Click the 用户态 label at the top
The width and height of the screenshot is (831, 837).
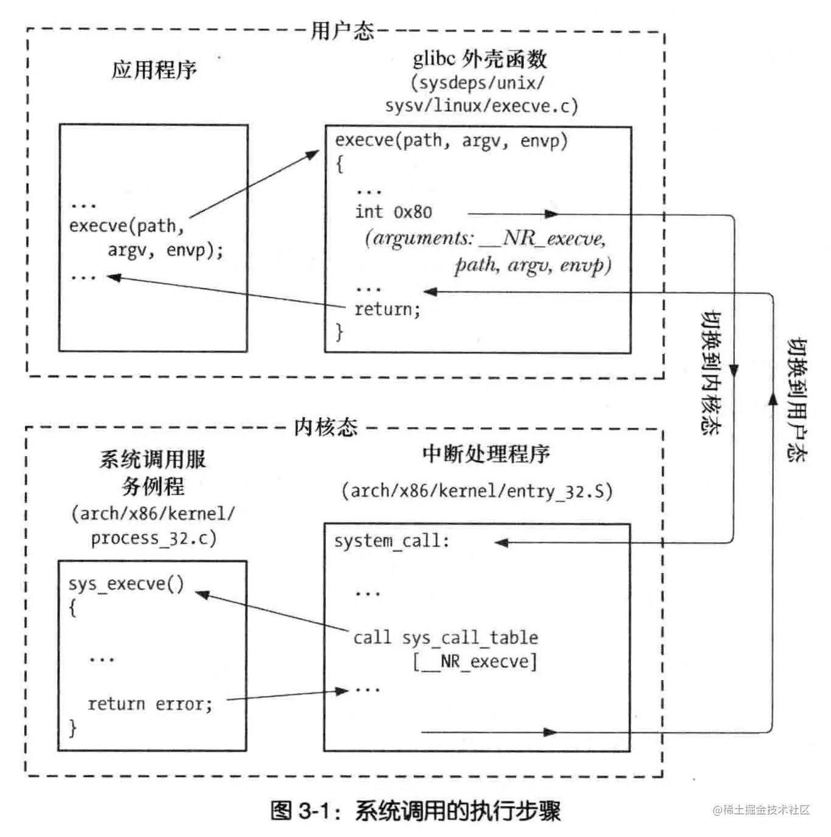(x=342, y=30)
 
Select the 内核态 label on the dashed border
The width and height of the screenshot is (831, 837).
(x=326, y=427)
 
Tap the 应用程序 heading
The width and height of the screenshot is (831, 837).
(x=154, y=69)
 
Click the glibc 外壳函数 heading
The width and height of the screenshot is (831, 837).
(x=480, y=58)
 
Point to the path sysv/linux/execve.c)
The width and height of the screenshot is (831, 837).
(x=481, y=106)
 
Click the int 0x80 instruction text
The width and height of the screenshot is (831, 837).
(x=393, y=212)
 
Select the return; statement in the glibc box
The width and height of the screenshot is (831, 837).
(x=387, y=309)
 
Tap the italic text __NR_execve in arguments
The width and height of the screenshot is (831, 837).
(x=542, y=238)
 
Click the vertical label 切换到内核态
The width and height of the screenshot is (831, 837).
(x=711, y=372)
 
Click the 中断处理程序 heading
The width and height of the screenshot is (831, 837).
(x=486, y=454)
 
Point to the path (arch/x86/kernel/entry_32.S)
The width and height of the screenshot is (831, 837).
(x=477, y=491)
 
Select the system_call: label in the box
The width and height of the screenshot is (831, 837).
(x=391, y=541)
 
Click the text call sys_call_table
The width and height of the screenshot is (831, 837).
(x=446, y=637)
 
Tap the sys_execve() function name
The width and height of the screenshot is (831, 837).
(x=126, y=584)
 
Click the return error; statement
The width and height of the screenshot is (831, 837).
(x=150, y=704)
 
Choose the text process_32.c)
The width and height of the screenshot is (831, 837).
(x=153, y=538)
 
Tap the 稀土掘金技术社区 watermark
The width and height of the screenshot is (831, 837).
(x=761, y=810)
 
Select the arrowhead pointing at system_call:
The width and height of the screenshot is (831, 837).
(x=502, y=543)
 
